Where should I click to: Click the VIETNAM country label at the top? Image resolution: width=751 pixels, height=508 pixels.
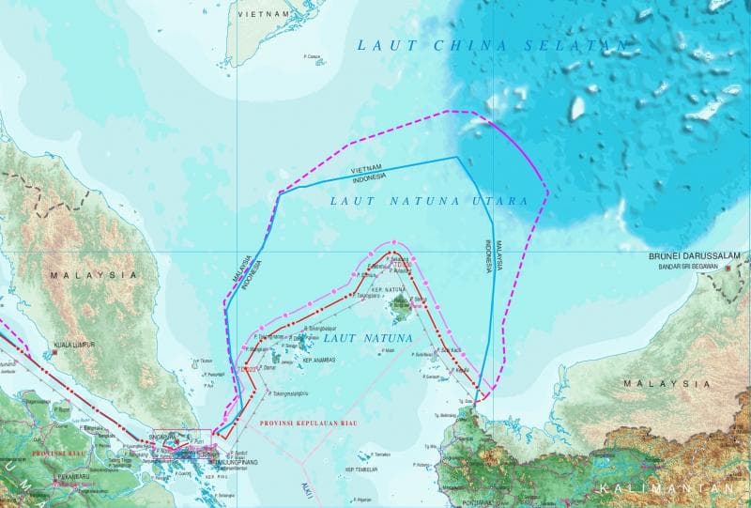[263, 16]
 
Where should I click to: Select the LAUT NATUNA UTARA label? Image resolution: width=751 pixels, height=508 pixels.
[428, 201]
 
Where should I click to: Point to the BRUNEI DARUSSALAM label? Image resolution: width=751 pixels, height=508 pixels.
[695, 255]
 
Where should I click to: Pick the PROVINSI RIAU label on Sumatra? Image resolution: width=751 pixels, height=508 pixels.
[60, 453]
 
